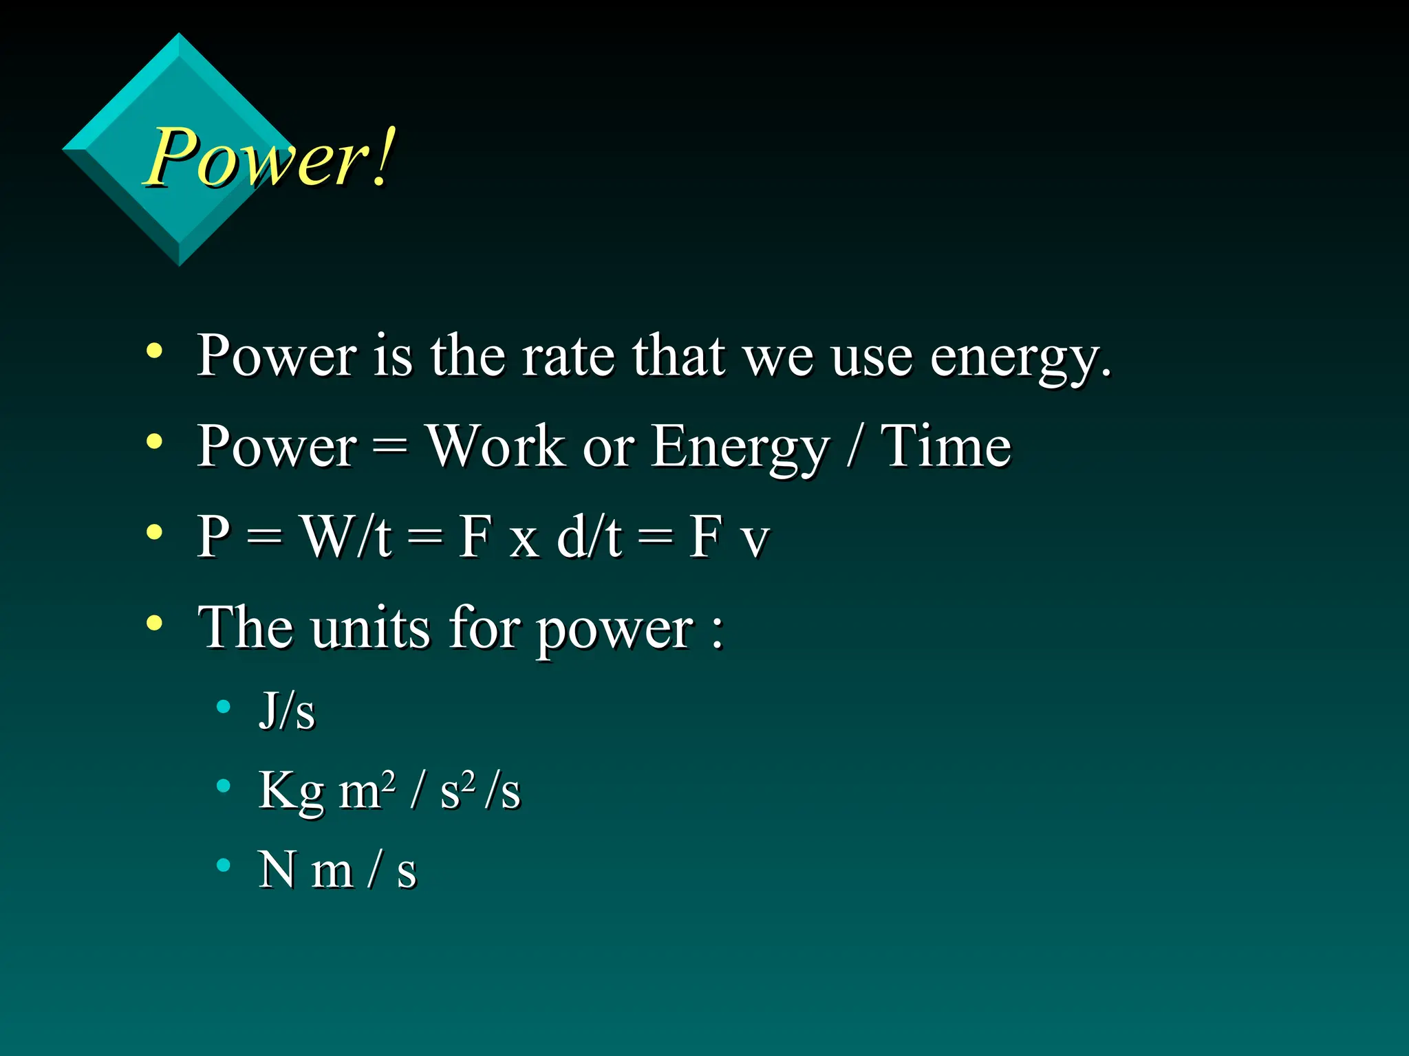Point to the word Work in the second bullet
tap(495, 447)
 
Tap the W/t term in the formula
tap(347, 537)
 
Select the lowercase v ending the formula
tap(755, 542)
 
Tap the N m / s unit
tap(337, 870)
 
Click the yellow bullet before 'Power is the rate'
tap(155, 351)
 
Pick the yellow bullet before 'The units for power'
tap(155, 623)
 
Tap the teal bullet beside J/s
tap(223, 706)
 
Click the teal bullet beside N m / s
tap(223, 865)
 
